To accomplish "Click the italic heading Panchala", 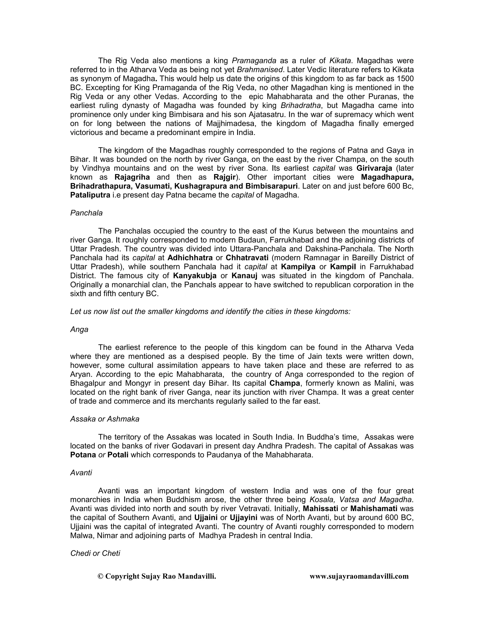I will pos(86,213).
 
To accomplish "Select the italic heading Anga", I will pos(79,329).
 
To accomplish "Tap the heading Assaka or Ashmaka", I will pos(105,419).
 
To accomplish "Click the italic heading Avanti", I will pos(81,473).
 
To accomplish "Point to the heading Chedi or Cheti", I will pos(95,553).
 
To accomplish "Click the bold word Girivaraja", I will pos(374,168).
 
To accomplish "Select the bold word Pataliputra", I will pos(90,195).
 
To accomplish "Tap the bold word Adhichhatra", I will pos(190,258).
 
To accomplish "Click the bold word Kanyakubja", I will pos(195,276).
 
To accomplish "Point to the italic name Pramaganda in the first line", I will pos(254,61).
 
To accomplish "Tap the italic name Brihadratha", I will pos(301,106).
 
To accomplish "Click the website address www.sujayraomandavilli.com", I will pos(359,576).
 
